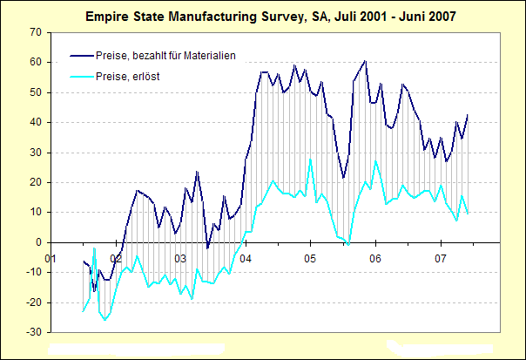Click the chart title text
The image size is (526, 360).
point(270,16)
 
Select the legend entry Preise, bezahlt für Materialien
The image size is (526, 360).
point(165,56)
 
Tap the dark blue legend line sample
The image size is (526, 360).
point(74,56)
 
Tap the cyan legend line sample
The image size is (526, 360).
point(74,77)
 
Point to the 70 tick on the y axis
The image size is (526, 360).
point(36,32)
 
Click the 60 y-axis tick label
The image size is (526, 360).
point(36,63)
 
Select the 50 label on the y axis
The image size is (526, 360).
point(36,92)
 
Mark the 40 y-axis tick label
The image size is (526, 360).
point(36,122)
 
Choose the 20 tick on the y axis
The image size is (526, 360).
point(36,182)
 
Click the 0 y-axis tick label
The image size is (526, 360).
point(38,242)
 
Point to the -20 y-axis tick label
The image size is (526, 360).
point(34,302)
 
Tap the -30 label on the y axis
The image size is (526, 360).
point(34,332)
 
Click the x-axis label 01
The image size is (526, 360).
point(51,258)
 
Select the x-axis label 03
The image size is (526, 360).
point(180,258)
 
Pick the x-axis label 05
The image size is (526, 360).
point(310,258)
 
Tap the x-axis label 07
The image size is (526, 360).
point(440,258)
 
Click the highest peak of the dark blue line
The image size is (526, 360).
point(365,61)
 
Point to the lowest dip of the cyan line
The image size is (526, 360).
point(105,320)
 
